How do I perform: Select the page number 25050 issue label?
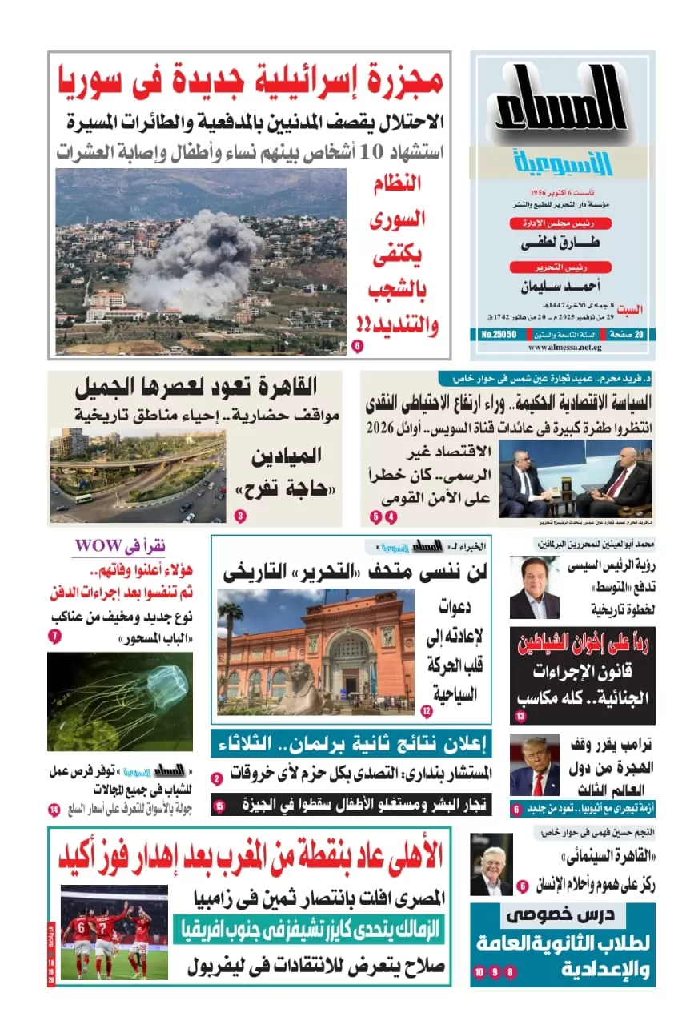tap(502, 333)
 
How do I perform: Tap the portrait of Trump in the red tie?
tap(534, 766)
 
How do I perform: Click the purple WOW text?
tap(98, 546)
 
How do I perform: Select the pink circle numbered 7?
tap(55, 637)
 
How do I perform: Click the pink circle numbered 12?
tap(427, 711)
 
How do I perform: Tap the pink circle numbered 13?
tap(520, 716)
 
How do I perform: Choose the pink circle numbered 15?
tap(219, 806)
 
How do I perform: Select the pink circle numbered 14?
tap(54, 810)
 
